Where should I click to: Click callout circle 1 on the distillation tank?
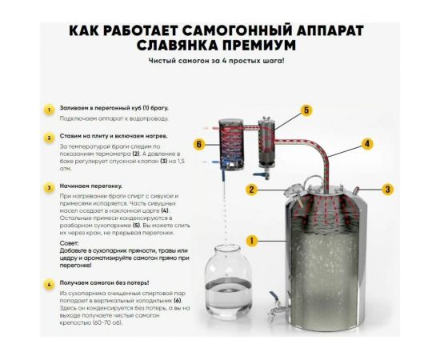click(251, 240)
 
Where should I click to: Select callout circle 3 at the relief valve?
click(388, 190)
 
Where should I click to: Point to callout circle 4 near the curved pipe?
click(367, 145)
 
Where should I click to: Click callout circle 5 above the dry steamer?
click(306, 110)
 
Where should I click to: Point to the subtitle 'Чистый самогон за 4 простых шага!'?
click(216, 62)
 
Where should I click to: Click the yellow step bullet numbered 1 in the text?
click(49, 109)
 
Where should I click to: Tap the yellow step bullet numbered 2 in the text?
click(49, 137)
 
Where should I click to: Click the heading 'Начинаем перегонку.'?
click(90, 186)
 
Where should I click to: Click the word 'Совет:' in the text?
click(70, 242)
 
